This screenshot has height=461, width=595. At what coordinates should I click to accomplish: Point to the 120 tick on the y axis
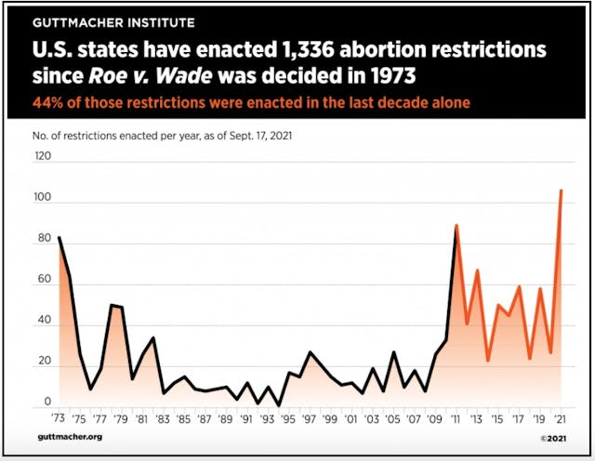43,157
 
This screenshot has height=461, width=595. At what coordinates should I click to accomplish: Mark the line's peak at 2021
561,191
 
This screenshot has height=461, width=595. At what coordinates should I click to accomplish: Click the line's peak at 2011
456,225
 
